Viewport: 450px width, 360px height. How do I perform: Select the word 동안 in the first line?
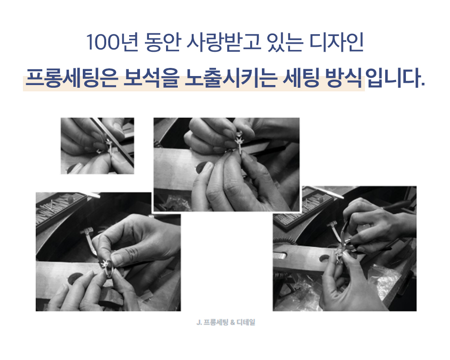coord(163,42)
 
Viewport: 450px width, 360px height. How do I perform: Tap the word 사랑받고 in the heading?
coord(224,42)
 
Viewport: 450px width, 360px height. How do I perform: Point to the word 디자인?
coord(336,42)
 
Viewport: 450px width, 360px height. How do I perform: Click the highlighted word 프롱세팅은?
coord(72,78)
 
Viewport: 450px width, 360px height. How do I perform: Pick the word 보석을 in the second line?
coord(151,78)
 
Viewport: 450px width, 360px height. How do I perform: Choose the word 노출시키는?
coord(231,78)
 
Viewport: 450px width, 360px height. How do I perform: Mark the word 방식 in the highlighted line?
coord(344,78)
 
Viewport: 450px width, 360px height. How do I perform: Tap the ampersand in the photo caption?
coord(233,322)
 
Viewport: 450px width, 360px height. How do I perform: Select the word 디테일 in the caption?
coord(246,322)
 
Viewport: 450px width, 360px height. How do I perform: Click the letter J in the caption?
coord(198,322)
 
